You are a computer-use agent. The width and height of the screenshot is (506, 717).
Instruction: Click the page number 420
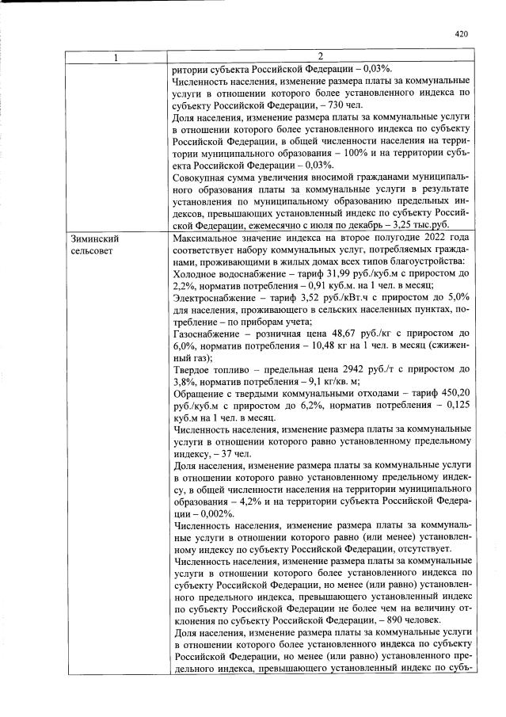pyautogui.click(x=462, y=34)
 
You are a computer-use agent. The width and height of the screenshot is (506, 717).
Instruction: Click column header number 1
pyautogui.click(x=116, y=56)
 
